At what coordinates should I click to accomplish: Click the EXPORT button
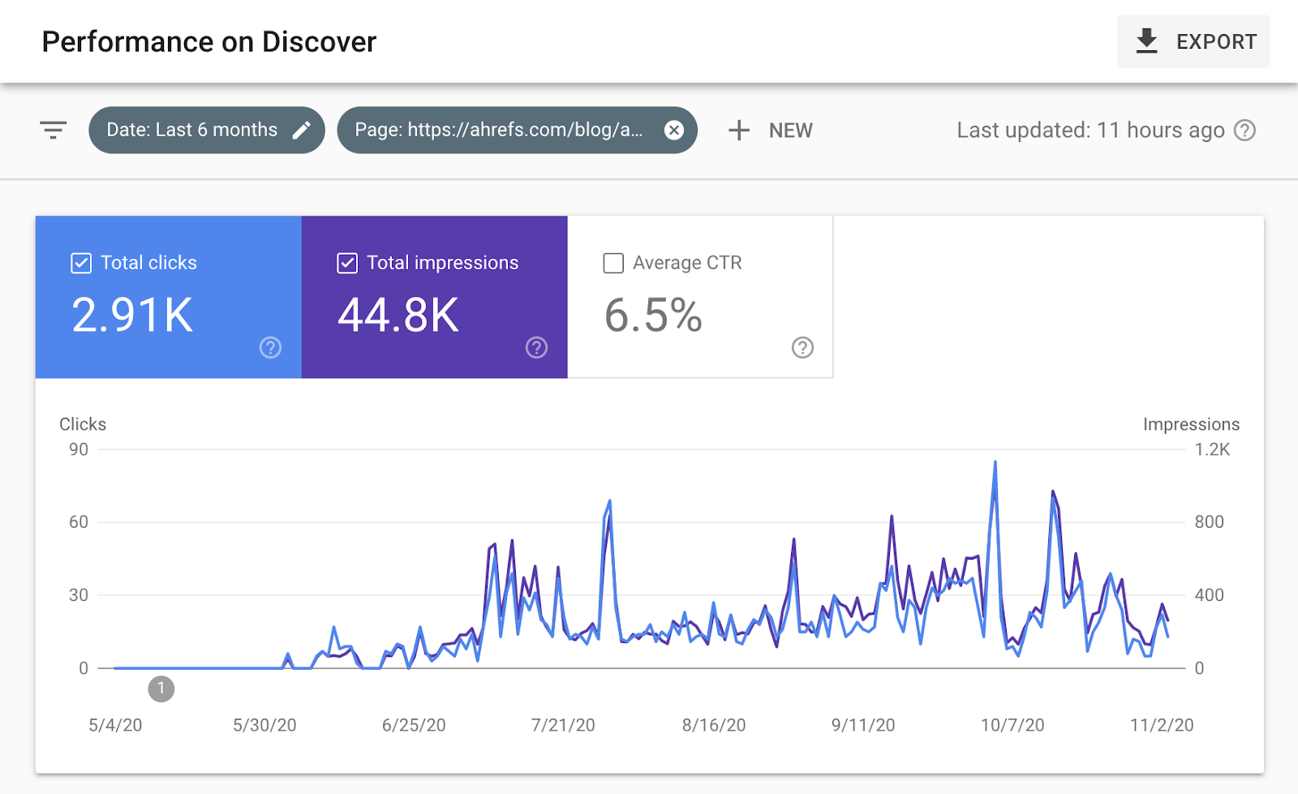point(1193,41)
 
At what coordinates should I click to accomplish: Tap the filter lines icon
point(54,130)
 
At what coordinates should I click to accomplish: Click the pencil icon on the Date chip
point(302,130)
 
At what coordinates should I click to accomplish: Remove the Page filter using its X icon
point(674,130)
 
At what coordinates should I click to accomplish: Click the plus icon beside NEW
point(739,130)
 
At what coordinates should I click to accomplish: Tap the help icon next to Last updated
point(1244,130)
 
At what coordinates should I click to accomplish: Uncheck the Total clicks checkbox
point(81,263)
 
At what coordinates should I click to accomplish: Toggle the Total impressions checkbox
point(347,263)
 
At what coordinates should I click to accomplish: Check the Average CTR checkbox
point(613,263)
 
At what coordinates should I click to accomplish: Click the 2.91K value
point(132,315)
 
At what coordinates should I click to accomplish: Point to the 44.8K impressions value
point(398,315)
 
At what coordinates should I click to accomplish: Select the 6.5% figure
point(653,315)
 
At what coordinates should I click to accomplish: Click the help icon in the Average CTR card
point(802,348)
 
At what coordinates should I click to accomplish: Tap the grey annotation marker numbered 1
point(161,689)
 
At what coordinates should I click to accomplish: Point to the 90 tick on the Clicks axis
point(79,449)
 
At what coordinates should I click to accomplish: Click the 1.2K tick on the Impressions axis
point(1212,449)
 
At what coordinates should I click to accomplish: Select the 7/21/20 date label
point(563,725)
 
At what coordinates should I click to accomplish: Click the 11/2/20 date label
point(1162,725)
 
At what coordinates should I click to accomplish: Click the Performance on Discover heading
point(209,41)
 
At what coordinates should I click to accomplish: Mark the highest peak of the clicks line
point(995,463)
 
